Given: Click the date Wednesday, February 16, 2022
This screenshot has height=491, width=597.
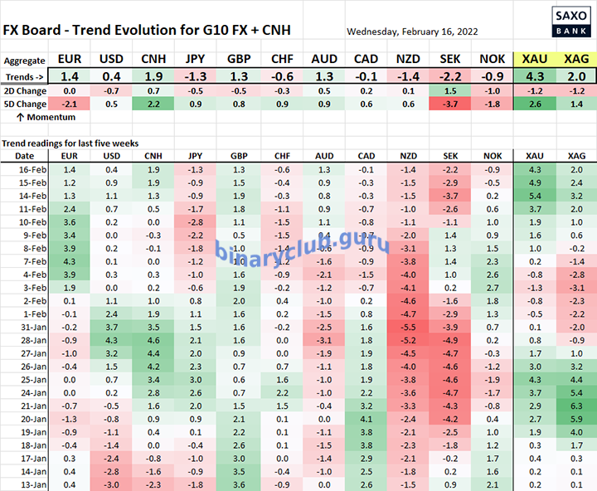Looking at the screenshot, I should point(418,32).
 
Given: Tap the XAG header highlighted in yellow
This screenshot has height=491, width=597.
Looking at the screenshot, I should point(575,60).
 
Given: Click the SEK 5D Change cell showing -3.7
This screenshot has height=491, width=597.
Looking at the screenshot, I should point(451,104).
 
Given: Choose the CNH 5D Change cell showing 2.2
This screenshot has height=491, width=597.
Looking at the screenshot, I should point(153,104).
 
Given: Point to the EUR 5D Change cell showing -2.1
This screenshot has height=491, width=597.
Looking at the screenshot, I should point(69,104).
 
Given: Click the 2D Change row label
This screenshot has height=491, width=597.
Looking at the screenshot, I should point(25,90).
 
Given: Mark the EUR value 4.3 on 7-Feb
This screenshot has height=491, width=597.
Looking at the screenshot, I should point(69,262).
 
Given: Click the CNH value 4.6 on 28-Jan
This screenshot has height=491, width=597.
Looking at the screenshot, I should point(153,340).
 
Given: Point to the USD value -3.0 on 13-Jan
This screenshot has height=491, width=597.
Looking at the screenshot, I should point(111,484).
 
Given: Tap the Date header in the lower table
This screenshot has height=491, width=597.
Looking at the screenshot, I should point(25,155).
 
